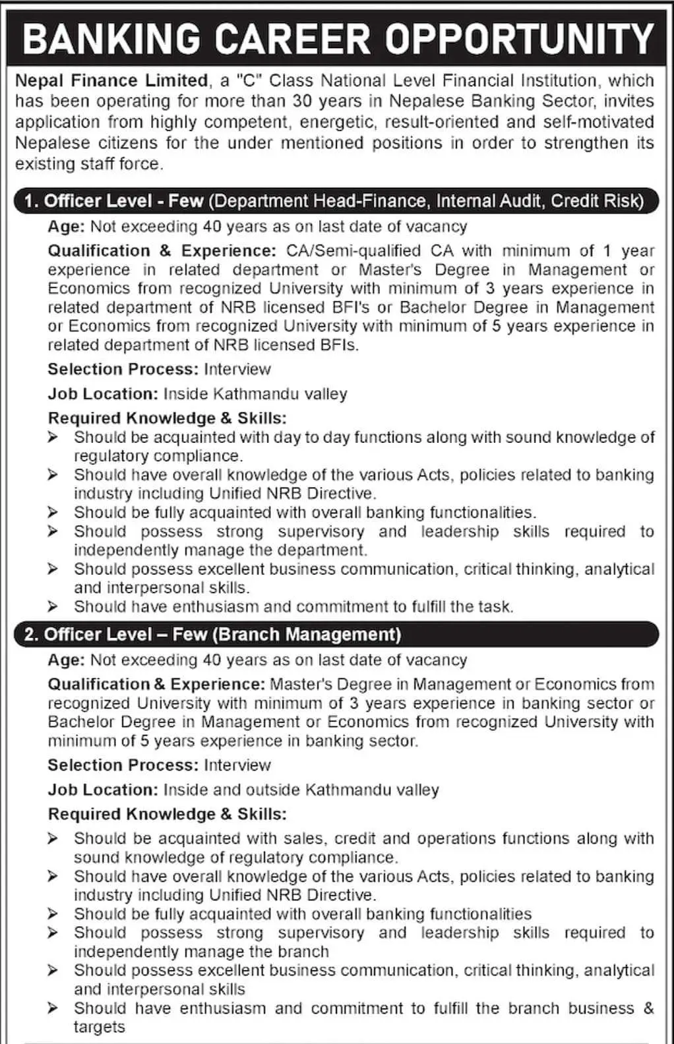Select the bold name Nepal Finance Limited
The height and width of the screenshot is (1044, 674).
point(111,80)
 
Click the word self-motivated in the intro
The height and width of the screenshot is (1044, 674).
point(599,122)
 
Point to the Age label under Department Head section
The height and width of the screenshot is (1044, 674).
point(65,227)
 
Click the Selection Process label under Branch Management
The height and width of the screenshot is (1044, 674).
point(123,765)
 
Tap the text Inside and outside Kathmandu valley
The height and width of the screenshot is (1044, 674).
point(301,790)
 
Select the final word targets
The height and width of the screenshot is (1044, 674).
point(99,1027)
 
